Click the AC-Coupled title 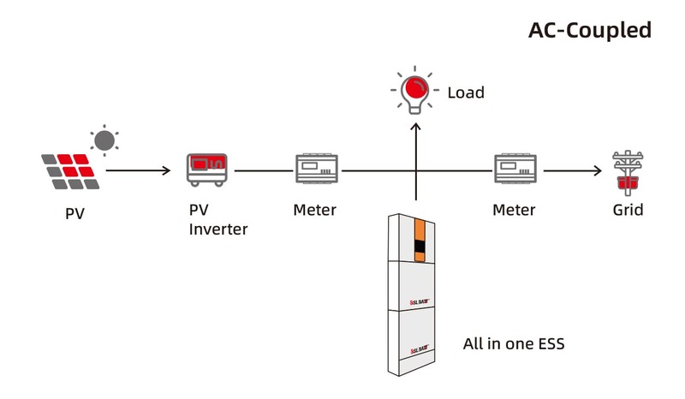(590, 30)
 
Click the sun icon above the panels (104, 140)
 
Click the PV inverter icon (208, 169)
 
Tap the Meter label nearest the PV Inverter (314, 210)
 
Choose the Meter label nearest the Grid (514, 210)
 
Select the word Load (466, 92)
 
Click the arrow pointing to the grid (572, 170)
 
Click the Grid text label (628, 210)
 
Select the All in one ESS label (513, 344)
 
